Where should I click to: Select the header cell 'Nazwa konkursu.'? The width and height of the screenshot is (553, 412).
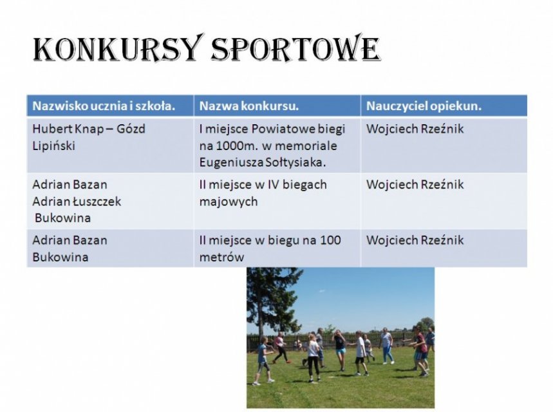(249, 106)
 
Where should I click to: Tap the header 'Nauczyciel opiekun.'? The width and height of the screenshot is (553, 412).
(424, 106)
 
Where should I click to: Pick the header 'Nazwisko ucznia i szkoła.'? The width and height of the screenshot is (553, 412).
(104, 106)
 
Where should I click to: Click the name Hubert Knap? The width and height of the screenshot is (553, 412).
(68, 129)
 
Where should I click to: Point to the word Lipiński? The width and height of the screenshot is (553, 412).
(53, 145)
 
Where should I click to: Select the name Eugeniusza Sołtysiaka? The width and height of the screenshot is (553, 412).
(263, 162)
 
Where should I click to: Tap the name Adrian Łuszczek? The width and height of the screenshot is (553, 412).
(77, 201)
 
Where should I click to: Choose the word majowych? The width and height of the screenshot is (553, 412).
(229, 201)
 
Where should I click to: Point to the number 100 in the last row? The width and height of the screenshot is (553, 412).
(330, 240)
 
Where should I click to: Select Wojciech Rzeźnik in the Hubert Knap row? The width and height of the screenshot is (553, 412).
(415, 129)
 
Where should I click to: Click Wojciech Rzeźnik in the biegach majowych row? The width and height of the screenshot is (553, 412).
(415, 185)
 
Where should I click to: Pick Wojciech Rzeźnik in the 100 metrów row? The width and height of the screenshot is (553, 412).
(415, 241)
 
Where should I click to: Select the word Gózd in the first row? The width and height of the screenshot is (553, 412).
(131, 129)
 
